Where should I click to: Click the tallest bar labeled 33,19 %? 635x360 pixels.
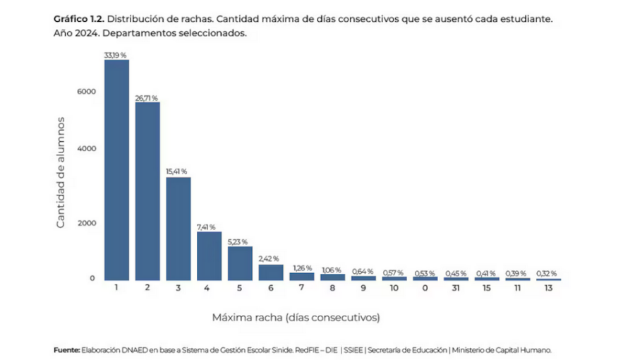coord(116,169)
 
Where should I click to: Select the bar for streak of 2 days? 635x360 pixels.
coord(147,191)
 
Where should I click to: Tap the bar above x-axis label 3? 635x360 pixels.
coord(179,228)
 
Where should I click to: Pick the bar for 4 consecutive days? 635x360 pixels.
coord(209,255)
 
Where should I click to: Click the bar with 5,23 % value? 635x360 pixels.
coord(240,263)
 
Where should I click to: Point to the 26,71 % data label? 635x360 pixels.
coord(147,98)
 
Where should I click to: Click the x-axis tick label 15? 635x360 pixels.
coord(486,288)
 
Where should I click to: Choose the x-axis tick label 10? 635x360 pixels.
coord(394,288)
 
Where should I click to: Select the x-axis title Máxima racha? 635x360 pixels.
coord(296,318)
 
